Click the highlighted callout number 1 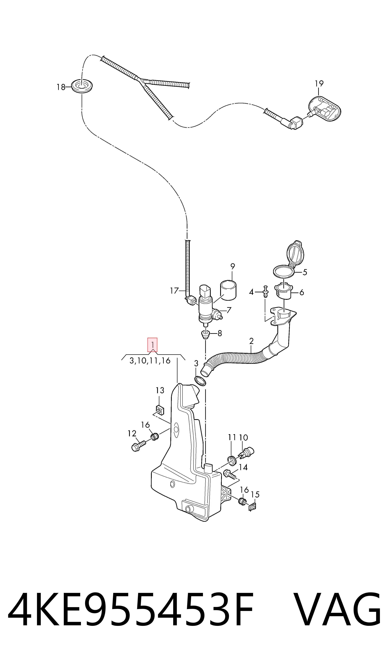(152, 345)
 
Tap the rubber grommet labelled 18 (82, 86)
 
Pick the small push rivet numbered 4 (266, 291)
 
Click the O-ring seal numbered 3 (200, 381)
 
